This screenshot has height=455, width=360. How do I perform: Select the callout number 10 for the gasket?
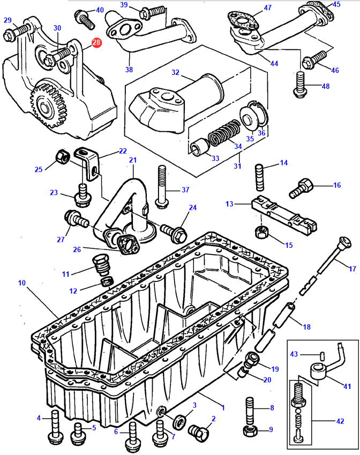click(x=21, y=282)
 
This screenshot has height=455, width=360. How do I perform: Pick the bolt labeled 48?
click(x=299, y=85)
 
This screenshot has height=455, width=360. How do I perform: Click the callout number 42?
click(x=340, y=422)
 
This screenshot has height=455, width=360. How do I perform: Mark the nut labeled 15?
click(x=260, y=231)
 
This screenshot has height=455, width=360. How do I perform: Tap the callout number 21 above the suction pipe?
click(x=133, y=160)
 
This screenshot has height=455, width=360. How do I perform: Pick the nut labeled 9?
click(x=249, y=429)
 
